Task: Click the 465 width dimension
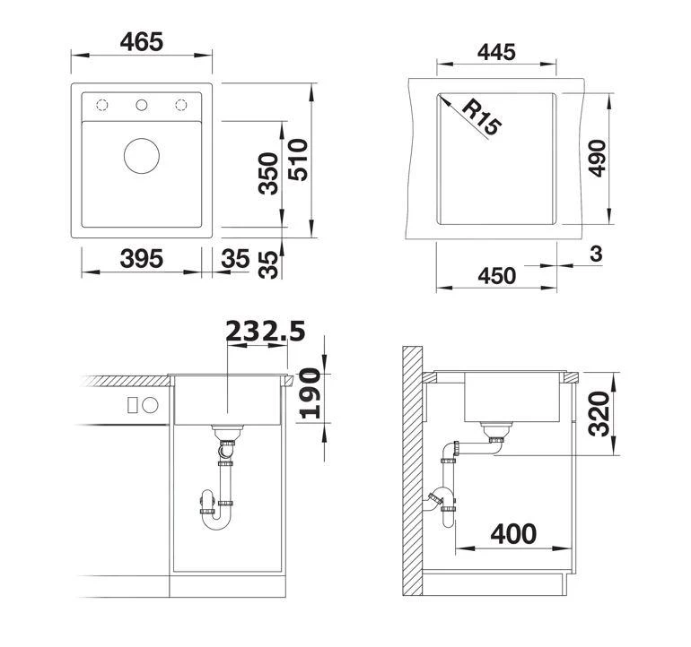pyautogui.click(x=142, y=41)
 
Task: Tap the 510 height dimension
pyautogui.click(x=298, y=160)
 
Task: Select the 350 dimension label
pyautogui.click(x=268, y=174)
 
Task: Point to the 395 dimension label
pyautogui.click(x=142, y=258)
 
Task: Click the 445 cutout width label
pyautogui.click(x=496, y=52)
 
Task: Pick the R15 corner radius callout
pyautogui.click(x=480, y=117)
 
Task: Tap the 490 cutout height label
pyautogui.click(x=597, y=159)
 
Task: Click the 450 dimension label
pyautogui.click(x=496, y=275)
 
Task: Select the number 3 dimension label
pyautogui.click(x=596, y=254)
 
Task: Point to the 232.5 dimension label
pyautogui.click(x=266, y=331)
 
